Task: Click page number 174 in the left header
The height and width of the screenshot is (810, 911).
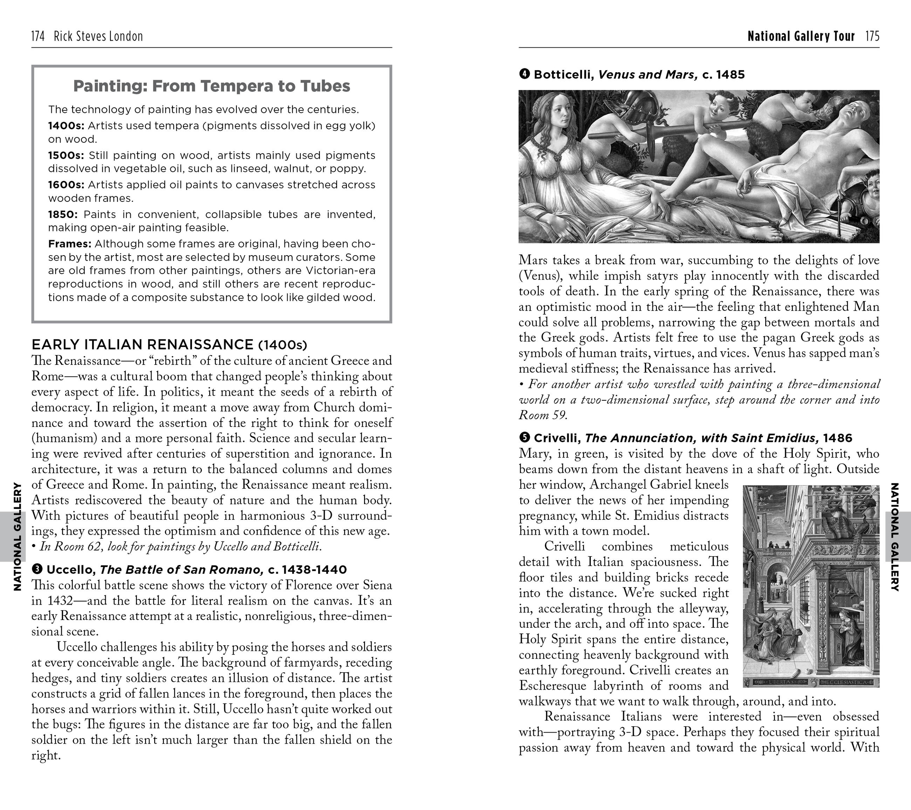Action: tap(38, 36)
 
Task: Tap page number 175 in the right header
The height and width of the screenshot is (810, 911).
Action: tap(872, 36)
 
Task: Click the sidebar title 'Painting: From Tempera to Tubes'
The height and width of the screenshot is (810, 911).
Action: tap(212, 86)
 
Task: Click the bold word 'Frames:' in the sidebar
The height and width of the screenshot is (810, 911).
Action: tap(69, 244)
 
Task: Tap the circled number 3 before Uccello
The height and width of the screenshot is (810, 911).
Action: tap(37, 569)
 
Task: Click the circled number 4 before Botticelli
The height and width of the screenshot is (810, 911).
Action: tap(524, 74)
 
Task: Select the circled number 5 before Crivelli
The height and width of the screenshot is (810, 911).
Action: tap(524, 438)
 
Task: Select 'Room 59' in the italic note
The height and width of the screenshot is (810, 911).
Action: tap(543, 415)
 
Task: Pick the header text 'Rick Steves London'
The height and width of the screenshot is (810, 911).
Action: tap(98, 36)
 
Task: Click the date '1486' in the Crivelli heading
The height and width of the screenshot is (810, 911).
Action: tap(837, 438)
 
